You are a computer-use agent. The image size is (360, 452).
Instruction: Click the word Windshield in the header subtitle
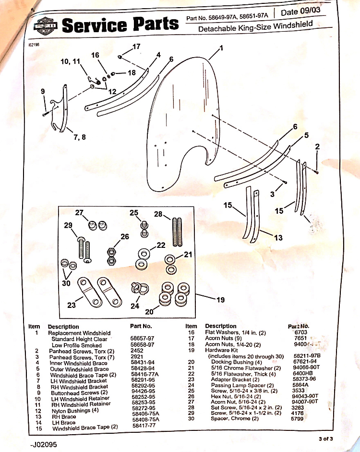click(293, 25)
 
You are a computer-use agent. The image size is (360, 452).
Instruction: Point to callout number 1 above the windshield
click(221, 48)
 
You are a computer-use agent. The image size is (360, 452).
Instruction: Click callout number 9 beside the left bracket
click(43, 91)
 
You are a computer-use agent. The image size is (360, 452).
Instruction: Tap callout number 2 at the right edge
click(317, 147)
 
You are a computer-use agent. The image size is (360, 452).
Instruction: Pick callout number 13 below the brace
click(278, 237)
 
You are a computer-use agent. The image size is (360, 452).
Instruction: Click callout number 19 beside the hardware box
click(220, 300)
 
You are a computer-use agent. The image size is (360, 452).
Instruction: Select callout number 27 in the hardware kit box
click(79, 212)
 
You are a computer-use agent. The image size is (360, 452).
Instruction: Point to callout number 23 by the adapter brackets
click(71, 305)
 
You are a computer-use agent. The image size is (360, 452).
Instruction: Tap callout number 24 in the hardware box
click(135, 305)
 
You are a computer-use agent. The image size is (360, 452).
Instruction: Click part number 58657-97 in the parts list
click(142, 339)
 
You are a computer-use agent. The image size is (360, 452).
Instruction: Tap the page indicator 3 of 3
click(326, 439)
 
